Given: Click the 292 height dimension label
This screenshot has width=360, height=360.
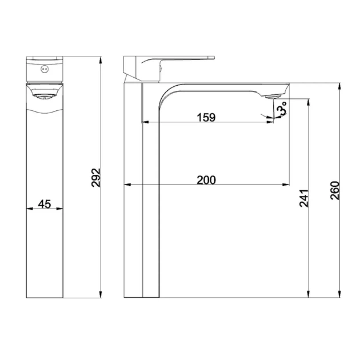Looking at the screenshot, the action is pos(96,178).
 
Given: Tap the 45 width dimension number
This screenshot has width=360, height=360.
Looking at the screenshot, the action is pos(45,204).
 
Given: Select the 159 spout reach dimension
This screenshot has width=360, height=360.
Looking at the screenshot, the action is pos(206,117).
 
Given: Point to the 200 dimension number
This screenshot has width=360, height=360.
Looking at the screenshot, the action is pos(206,180).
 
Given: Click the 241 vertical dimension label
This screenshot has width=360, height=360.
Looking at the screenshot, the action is pos(304,198).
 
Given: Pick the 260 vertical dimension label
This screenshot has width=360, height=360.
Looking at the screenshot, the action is pos(335,190).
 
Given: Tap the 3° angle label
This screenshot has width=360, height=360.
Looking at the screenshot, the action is pos(282,109).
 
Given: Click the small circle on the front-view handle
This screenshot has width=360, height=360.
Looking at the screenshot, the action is pos(45,69).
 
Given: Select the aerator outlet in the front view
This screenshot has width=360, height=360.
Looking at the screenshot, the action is pos(45,97).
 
